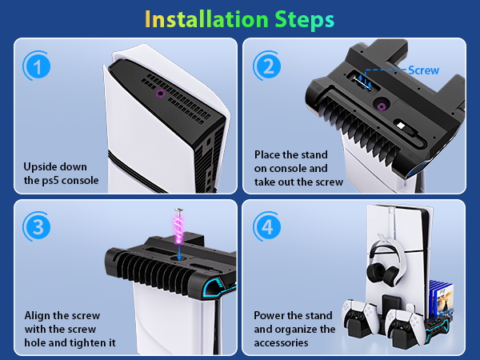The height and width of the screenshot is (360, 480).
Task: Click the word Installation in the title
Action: click(206, 19)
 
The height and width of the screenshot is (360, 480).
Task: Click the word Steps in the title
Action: click(304, 20)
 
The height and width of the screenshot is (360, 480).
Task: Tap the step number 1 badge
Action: click(37, 66)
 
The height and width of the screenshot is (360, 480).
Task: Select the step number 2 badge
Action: click(267, 66)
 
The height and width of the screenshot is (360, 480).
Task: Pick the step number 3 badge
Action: click(37, 227)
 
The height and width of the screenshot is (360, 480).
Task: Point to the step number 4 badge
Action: click(267, 227)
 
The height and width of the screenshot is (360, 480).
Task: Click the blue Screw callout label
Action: click(424, 70)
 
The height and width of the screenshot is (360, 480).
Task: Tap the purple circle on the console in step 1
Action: click(160, 94)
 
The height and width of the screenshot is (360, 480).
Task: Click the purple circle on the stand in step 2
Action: click(381, 106)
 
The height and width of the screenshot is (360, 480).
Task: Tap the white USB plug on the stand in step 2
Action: click(400, 126)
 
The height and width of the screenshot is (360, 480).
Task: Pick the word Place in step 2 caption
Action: click(267, 154)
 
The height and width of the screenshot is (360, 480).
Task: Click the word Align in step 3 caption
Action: click(38, 316)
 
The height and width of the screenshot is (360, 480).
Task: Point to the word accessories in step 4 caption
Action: click(281, 343)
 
